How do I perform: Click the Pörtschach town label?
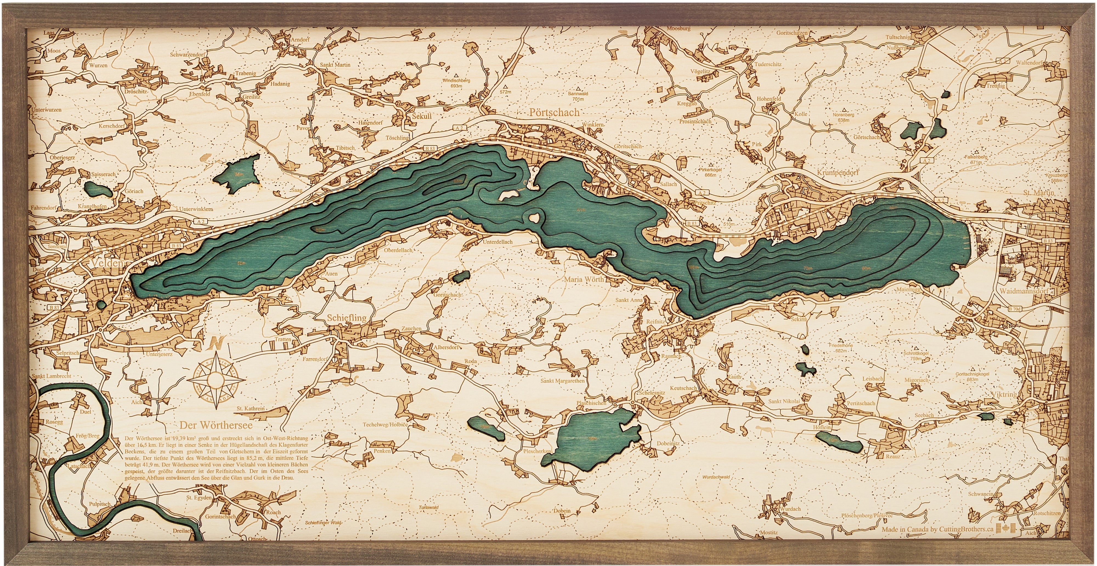pos(554,112)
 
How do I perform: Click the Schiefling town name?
pos(347,318)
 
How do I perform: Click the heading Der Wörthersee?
pos(216,425)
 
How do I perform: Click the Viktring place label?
pos(1004,394)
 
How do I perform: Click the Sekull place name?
pos(421,116)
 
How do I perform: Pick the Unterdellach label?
pos(497,242)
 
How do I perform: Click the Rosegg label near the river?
pos(54,422)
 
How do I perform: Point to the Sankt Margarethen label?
pos(562,381)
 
